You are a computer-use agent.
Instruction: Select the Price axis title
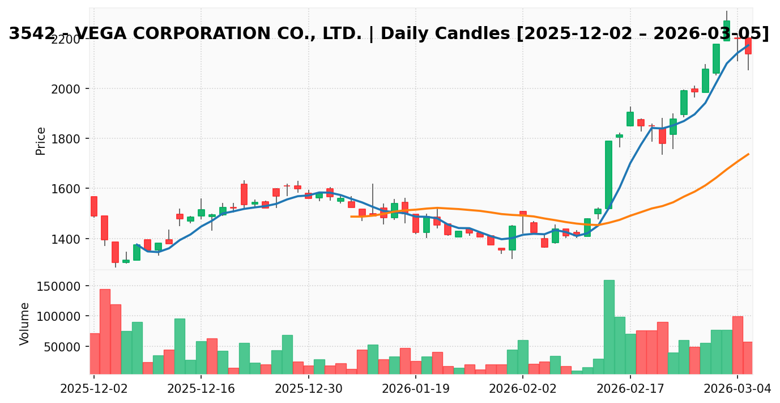(41, 141)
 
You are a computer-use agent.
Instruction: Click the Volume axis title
(25, 324)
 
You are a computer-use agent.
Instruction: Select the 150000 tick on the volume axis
(59, 286)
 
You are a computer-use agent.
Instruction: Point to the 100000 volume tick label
(59, 316)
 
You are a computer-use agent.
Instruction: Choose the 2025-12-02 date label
(93, 389)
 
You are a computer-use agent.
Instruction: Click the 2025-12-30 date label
(308, 389)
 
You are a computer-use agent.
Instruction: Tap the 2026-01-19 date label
(415, 389)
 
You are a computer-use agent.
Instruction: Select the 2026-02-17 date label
(630, 389)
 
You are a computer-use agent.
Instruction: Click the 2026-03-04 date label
(737, 389)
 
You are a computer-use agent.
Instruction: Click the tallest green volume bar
(609, 327)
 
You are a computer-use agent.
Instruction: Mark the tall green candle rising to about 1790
(608, 175)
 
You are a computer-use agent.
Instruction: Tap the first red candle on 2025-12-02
(93, 206)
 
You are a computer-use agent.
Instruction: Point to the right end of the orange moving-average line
(749, 154)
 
